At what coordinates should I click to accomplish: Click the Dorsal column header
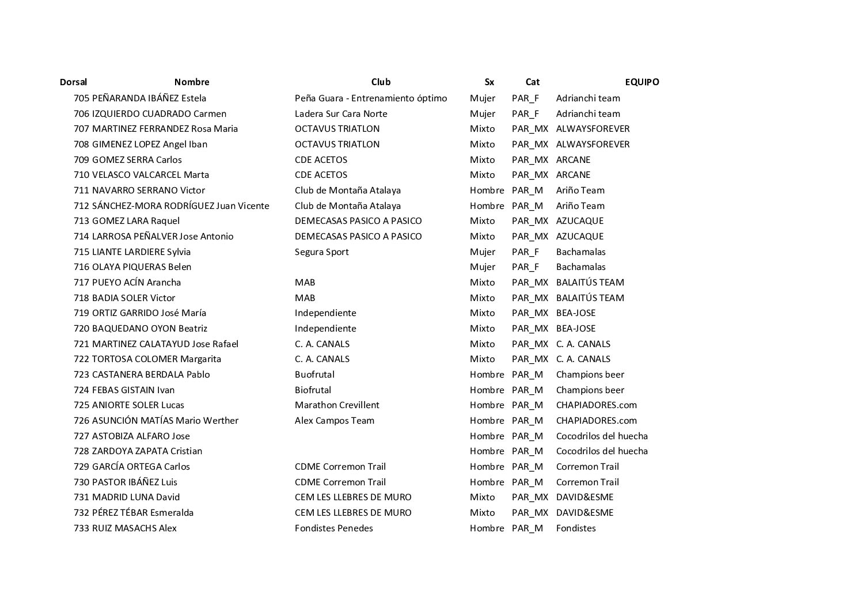tap(73, 82)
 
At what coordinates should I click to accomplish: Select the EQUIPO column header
tap(642, 82)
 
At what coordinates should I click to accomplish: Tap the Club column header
tap(381, 82)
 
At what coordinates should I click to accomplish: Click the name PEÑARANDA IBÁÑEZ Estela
tap(149, 98)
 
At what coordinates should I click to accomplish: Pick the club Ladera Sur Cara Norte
tap(341, 114)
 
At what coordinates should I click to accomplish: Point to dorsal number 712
tap(81, 206)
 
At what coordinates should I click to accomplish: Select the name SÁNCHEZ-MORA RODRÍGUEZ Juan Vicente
tap(181, 206)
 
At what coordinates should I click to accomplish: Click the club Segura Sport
tap(321, 252)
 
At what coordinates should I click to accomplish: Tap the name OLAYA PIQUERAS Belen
tap(142, 267)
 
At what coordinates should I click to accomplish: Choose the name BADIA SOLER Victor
tap(134, 298)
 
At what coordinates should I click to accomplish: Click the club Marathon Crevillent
tap(337, 405)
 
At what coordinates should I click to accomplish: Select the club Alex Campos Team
tap(334, 421)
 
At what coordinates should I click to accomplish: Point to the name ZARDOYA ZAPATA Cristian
tap(147, 451)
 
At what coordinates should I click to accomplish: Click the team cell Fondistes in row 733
tap(576, 528)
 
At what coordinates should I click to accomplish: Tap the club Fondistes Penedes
tap(333, 528)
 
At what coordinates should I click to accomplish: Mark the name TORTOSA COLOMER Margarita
tap(157, 359)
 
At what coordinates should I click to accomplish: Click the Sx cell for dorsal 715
tap(482, 252)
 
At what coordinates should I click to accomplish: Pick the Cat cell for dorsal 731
tap(530, 497)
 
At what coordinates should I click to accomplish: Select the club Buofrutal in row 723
tap(314, 375)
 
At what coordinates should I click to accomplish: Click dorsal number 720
tap(81, 329)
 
